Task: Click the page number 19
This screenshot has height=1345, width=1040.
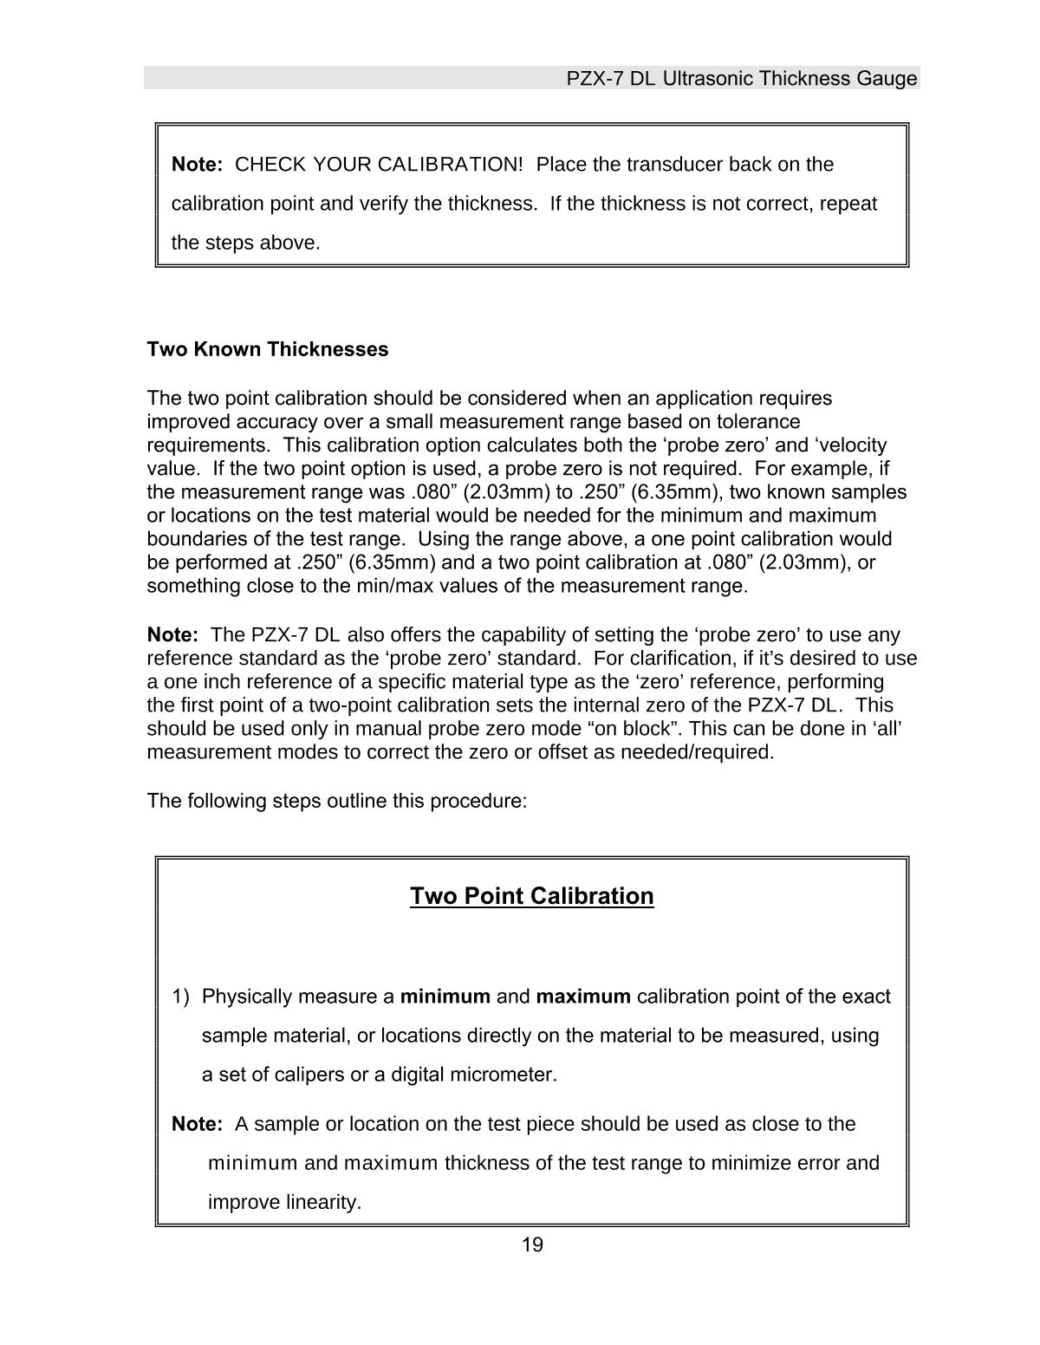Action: [532, 1245]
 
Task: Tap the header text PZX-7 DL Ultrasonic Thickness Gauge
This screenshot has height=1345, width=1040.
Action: [741, 79]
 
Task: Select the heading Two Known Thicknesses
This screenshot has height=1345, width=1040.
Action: [268, 349]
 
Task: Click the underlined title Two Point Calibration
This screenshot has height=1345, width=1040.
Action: [531, 895]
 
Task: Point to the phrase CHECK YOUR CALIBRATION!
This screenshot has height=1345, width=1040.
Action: [379, 165]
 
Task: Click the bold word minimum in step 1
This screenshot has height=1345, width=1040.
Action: [445, 997]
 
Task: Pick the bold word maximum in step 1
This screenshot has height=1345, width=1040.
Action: [583, 997]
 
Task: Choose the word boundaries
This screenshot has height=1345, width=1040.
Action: [189, 539]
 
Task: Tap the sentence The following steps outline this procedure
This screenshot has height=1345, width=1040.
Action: [337, 801]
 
